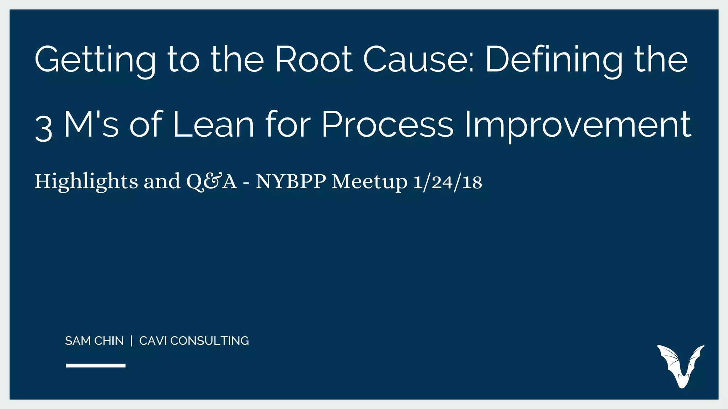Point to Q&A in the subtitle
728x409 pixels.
point(212,182)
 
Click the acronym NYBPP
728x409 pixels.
point(291,182)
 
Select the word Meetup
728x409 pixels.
point(369,182)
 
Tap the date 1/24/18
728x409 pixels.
point(448,182)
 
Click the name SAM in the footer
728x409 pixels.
point(78,341)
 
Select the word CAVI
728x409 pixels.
point(153,341)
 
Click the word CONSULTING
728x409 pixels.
point(209,341)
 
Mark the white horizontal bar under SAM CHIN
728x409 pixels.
point(96,365)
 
